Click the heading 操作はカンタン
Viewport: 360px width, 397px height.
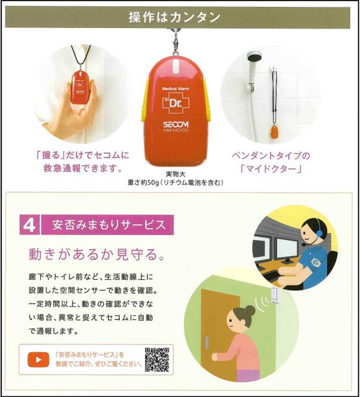(x=175, y=17)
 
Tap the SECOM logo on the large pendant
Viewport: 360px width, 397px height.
(x=176, y=124)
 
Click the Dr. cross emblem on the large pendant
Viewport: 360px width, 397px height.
(x=176, y=102)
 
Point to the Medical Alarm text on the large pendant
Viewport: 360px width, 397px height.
(x=175, y=89)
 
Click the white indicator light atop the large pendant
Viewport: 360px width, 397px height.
(x=175, y=66)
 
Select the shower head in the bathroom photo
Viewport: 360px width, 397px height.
(x=254, y=56)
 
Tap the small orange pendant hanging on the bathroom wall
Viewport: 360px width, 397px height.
(x=274, y=132)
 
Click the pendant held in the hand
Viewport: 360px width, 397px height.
(x=80, y=87)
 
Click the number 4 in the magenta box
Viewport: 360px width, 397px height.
(x=29, y=225)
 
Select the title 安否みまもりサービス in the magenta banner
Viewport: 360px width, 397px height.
(x=109, y=225)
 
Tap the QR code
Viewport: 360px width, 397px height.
(x=157, y=360)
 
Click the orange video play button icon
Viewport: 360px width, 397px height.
(x=38, y=360)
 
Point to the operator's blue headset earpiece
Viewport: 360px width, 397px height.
(x=320, y=232)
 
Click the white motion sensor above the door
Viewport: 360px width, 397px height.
(x=275, y=295)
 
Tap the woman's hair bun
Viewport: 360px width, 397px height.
(x=250, y=310)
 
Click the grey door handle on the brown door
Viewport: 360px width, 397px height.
(x=207, y=342)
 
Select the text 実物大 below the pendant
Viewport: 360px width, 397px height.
(x=175, y=174)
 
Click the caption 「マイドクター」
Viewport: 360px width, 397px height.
(x=271, y=168)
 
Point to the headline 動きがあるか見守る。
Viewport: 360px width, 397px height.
(x=97, y=254)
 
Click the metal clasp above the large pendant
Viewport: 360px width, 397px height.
(x=175, y=40)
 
